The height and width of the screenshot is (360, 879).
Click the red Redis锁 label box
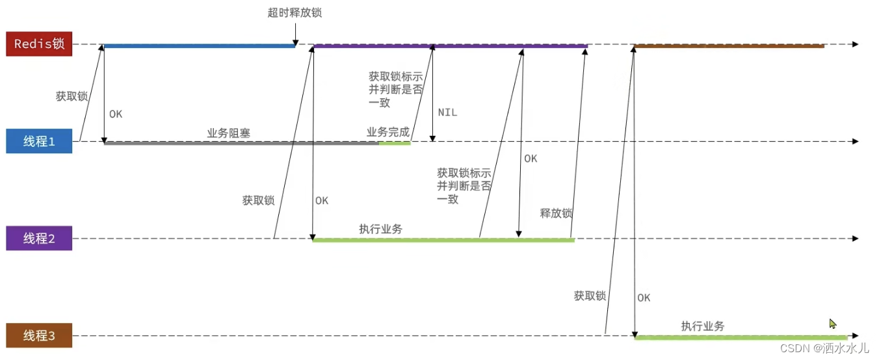click(38, 44)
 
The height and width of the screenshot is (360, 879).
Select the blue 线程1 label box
click(39, 141)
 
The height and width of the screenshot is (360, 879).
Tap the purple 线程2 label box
click(39, 238)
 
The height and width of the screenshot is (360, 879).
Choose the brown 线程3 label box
click(39, 336)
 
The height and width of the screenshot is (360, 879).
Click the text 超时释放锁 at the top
click(294, 13)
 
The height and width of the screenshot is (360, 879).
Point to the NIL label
click(447, 112)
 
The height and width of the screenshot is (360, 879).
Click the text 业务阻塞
click(229, 133)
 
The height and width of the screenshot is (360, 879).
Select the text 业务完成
click(388, 133)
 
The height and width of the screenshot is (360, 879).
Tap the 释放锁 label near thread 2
click(556, 213)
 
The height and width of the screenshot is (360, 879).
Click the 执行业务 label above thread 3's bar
click(703, 326)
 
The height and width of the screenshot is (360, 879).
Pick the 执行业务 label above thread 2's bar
click(380, 229)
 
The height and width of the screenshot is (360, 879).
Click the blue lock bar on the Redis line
click(199, 45)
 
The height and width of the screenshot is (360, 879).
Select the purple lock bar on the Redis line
click(450, 45)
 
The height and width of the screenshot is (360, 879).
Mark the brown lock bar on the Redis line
click(729, 45)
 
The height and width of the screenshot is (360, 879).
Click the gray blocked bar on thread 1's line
click(241, 142)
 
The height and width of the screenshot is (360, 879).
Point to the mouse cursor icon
click(833, 324)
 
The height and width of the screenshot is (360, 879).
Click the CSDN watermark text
click(824, 348)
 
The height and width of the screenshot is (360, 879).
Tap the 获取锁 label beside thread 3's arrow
click(590, 296)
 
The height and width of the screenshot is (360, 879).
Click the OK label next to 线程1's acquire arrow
click(116, 114)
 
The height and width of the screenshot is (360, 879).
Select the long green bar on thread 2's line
click(443, 240)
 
